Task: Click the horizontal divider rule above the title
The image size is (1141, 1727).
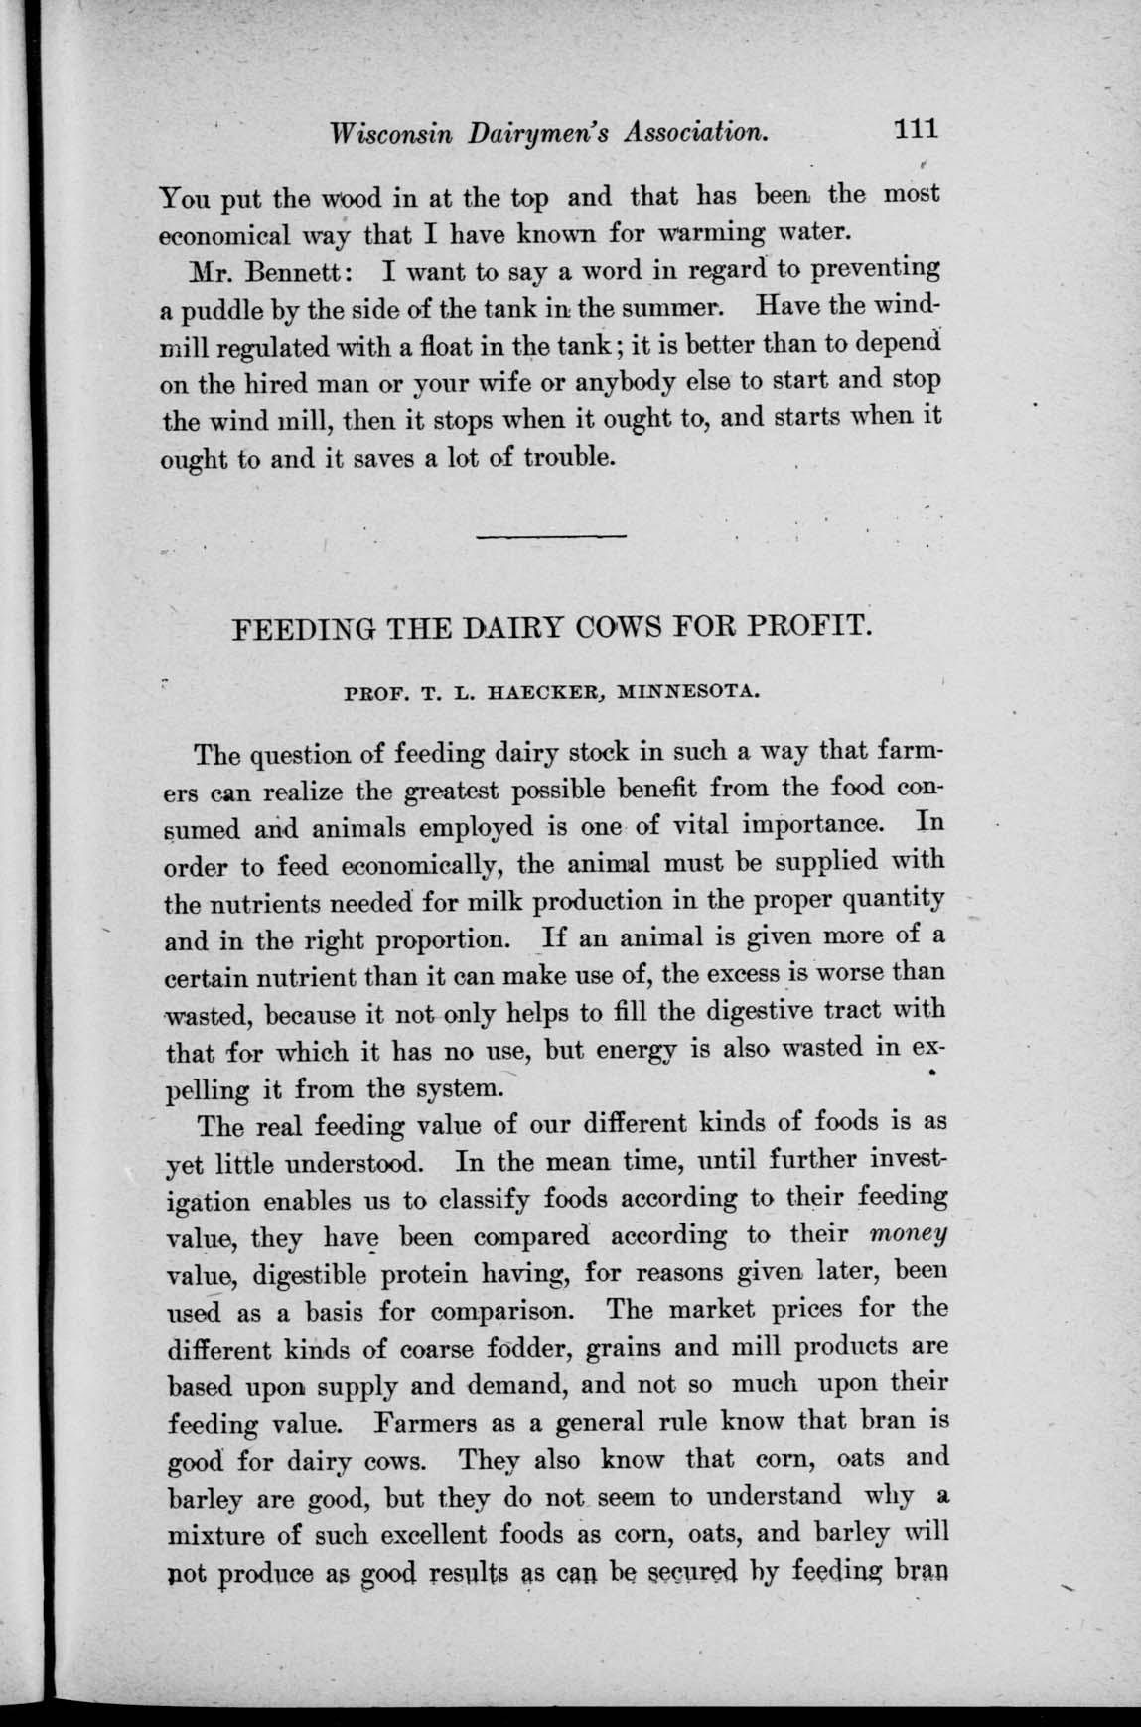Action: pyautogui.click(x=551, y=537)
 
